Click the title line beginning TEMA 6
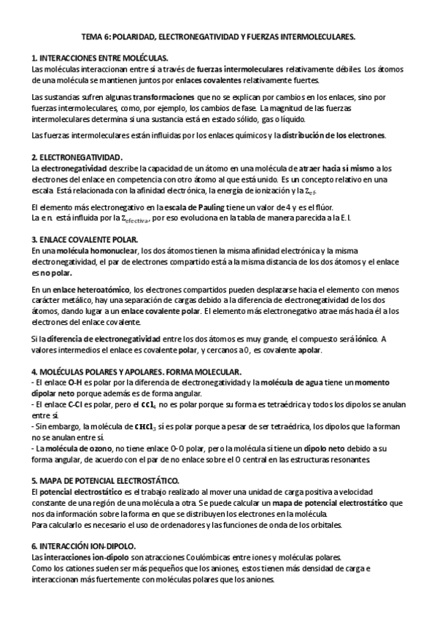click(218, 35)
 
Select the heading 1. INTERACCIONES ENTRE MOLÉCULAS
click(100, 58)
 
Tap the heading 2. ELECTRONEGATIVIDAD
click(77, 157)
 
